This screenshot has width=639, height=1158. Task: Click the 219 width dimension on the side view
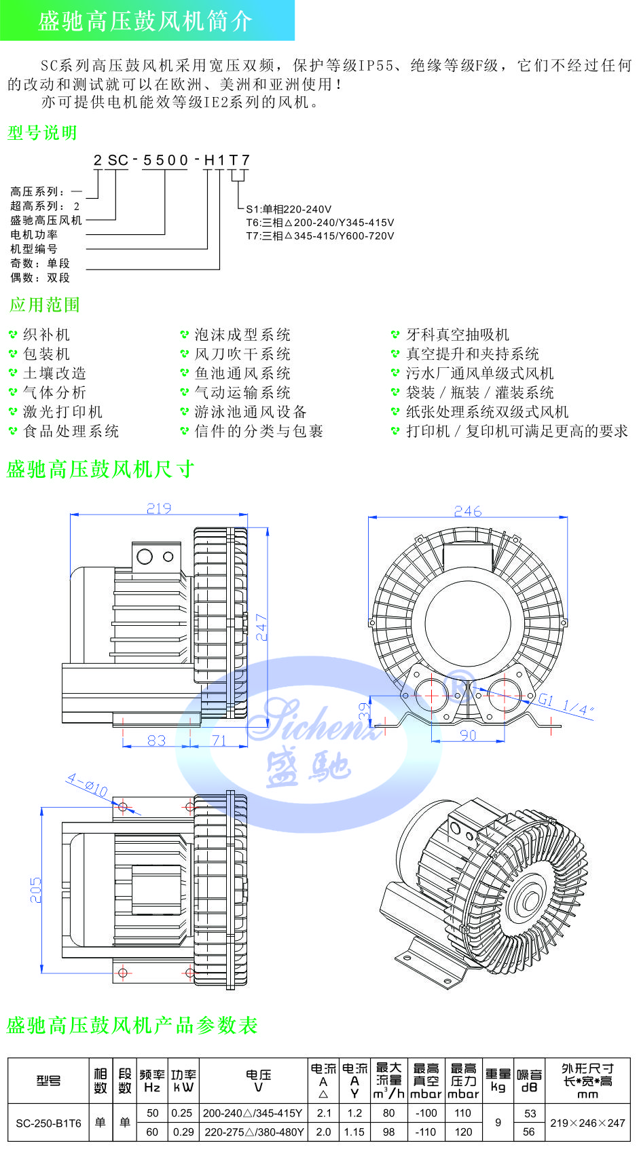[159, 508]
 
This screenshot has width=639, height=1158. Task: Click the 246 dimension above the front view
[467, 511]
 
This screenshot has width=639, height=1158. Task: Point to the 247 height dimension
[261, 627]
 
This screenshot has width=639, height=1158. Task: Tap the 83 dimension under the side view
[156, 740]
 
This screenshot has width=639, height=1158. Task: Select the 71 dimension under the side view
[219, 740]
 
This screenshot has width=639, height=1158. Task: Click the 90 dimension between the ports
[468, 734]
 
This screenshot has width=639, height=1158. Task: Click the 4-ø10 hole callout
[87, 786]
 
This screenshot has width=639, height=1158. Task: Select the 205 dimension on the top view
[35, 890]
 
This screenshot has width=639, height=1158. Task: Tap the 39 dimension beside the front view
[365, 711]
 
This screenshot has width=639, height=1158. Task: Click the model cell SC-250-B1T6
[48, 1123]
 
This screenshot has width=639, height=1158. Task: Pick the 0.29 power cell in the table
[182, 1132]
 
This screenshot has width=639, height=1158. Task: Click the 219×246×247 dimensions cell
[587, 1123]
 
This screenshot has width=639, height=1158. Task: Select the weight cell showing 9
[498, 1123]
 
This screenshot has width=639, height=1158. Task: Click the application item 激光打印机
[62, 412]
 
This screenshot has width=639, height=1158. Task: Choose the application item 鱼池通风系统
[242, 373]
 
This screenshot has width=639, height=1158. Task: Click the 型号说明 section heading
[42, 133]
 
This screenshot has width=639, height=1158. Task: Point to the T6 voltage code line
[320, 223]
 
